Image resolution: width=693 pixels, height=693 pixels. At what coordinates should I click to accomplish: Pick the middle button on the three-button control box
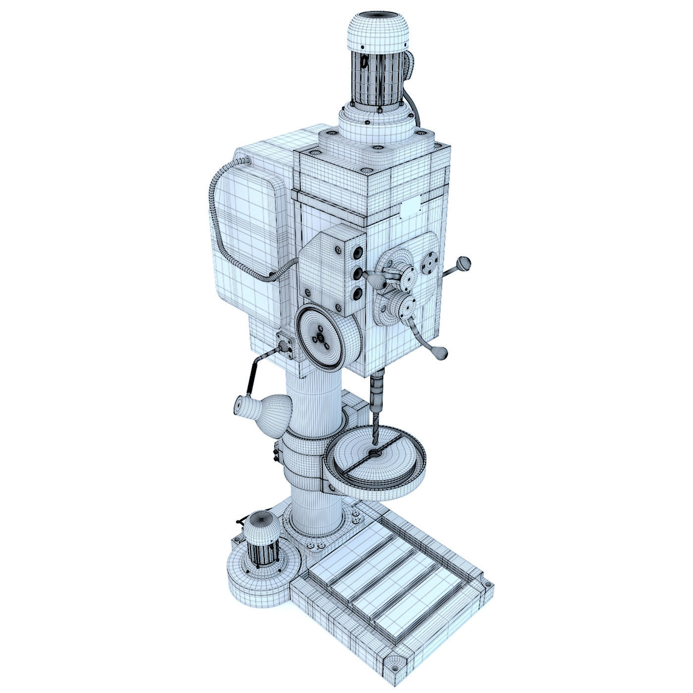point(356,274)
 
